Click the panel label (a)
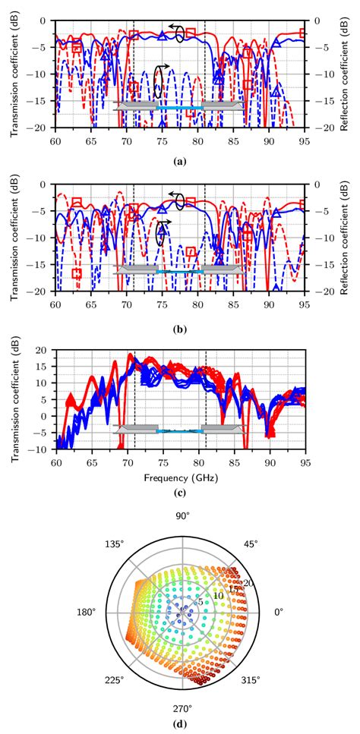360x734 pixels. [x=179, y=161]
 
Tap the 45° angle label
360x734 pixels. [x=251, y=544]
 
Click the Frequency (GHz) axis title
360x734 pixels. [x=179, y=478]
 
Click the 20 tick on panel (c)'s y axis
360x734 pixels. [x=42, y=351]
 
